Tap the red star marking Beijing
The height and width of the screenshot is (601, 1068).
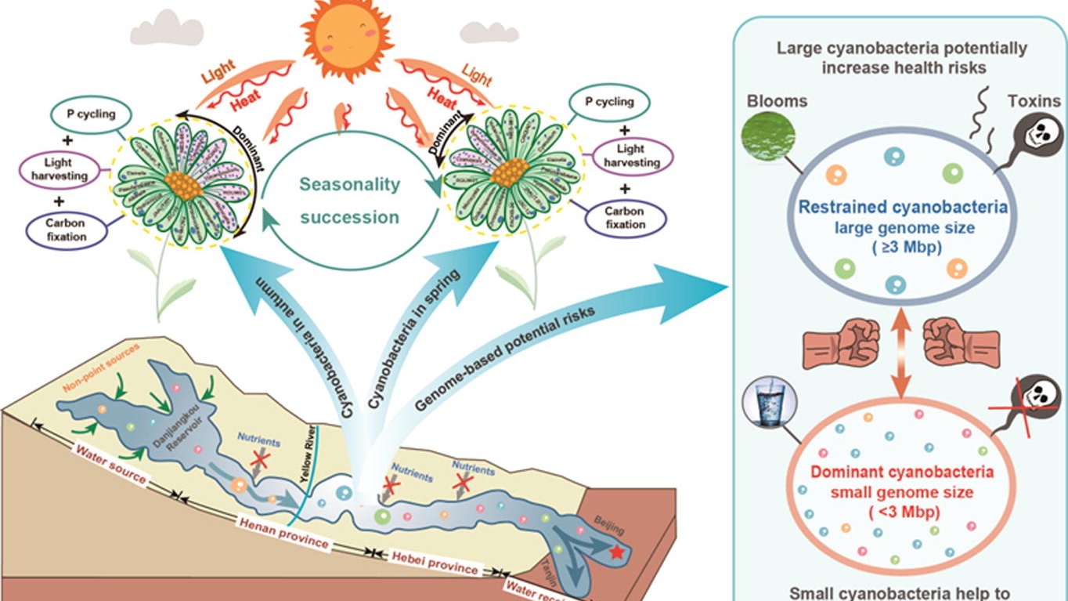click(617, 552)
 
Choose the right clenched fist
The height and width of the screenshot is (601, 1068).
click(960, 343)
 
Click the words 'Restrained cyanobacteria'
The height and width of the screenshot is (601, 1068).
click(903, 208)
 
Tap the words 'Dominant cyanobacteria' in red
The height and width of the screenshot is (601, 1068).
click(902, 472)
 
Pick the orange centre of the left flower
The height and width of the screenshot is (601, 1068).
click(181, 185)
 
